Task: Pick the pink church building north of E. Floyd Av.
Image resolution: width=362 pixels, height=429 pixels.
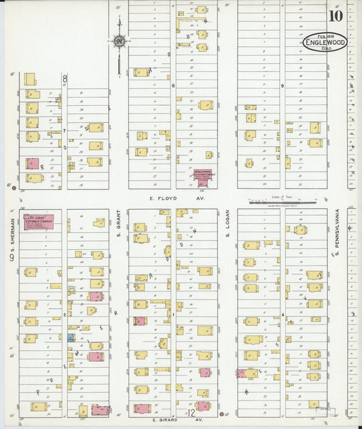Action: pyautogui.click(x=202, y=176)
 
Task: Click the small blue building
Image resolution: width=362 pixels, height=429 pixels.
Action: pyautogui.click(x=71, y=337)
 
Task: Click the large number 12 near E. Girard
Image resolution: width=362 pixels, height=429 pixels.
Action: pyautogui.click(x=192, y=413)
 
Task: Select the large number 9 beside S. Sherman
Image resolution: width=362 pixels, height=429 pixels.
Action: pyautogui.click(x=12, y=257)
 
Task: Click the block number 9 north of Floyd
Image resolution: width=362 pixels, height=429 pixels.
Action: pyautogui.click(x=281, y=86)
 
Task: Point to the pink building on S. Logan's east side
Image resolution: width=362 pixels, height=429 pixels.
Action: pyautogui.click(x=241, y=373)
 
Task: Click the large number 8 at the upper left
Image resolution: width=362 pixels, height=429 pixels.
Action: pyautogui.click(x=66, y=79)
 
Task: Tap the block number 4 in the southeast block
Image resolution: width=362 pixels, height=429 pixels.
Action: pyautogui.click(x=282, y=316)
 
